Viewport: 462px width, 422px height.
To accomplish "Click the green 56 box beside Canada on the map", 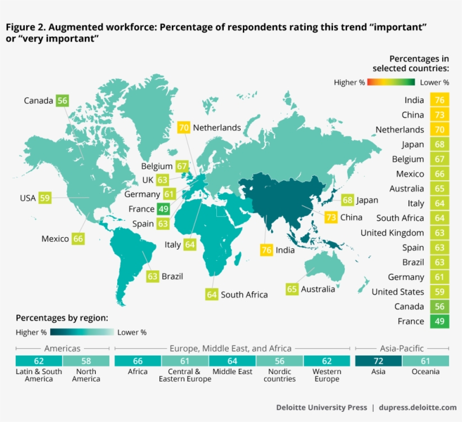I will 62,101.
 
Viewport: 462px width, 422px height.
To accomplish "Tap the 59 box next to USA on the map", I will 45,198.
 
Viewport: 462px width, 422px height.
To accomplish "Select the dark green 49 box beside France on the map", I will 163,209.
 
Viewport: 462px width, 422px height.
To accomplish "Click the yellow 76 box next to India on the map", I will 266,250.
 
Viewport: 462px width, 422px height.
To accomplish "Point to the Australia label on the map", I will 318,289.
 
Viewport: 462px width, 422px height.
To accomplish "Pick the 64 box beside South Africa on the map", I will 212,294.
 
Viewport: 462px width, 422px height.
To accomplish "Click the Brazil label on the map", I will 172,277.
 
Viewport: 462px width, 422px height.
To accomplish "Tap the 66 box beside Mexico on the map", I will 78,239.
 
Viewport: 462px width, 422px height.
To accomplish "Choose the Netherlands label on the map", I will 217,128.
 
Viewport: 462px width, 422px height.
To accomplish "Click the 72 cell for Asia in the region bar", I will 378,361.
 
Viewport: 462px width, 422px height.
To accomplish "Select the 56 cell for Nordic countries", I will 279,361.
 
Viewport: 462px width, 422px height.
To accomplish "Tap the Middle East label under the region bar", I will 232,372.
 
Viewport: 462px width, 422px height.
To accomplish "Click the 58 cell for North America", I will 86,361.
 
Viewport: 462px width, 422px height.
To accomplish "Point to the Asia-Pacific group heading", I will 401,349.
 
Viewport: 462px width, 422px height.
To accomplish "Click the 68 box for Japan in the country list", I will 439,145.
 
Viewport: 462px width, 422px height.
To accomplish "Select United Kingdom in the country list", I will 392,233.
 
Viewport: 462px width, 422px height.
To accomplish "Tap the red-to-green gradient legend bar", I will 392,82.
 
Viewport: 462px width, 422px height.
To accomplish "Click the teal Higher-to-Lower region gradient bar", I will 82,332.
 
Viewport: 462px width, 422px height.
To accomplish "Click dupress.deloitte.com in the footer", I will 417,407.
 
